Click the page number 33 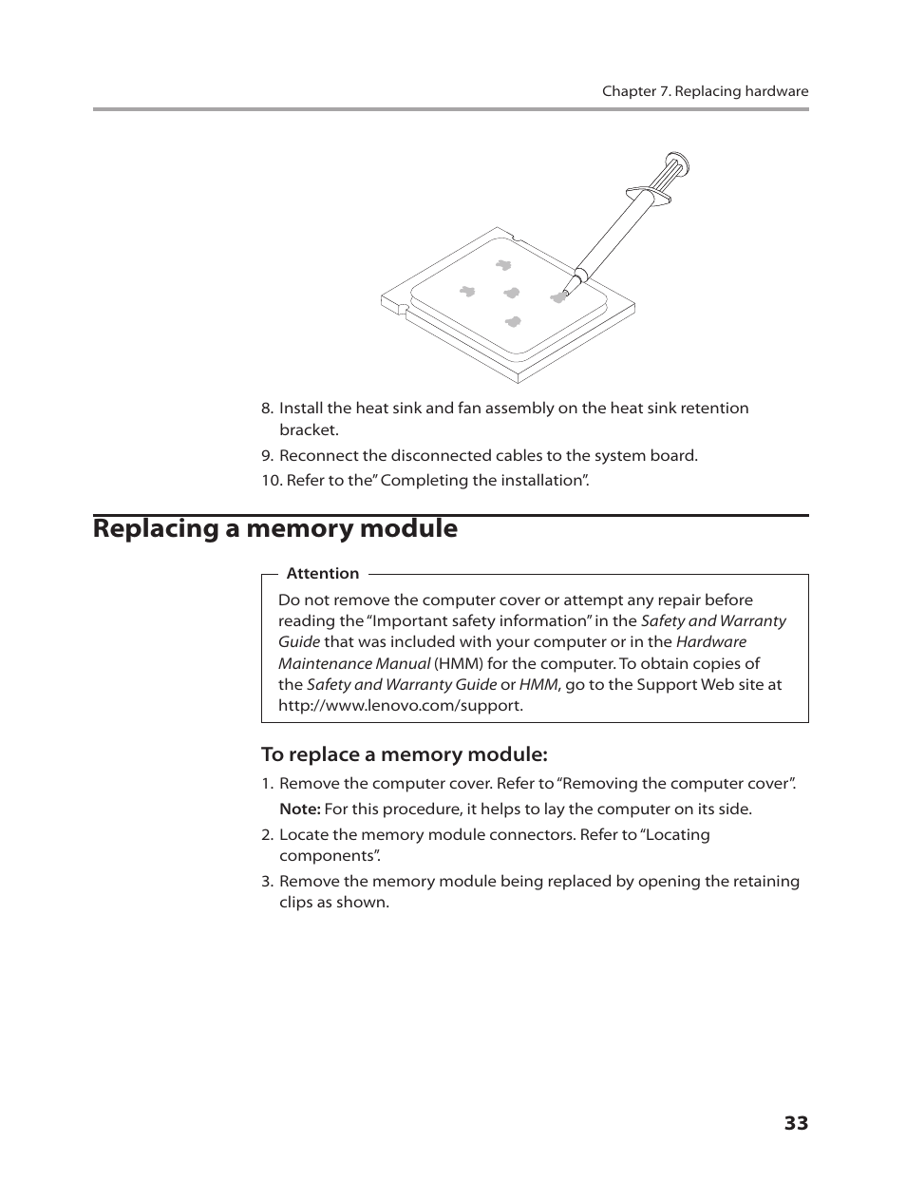[796, 1123]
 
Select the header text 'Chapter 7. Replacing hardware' [705, 91]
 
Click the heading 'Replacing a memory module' [275, 528]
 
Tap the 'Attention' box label [323, 573]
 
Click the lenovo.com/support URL [400, 705]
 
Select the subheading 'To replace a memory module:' [405, 754]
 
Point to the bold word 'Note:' [299, 809]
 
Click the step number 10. [271, 480]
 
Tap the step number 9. [268, 455]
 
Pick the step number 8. [268, 408]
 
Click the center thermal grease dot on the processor [512, 293]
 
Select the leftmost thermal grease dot [466, 291]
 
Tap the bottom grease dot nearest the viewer [513, 322]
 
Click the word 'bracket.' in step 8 [309, 429]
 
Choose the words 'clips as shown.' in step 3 [334, 902]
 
